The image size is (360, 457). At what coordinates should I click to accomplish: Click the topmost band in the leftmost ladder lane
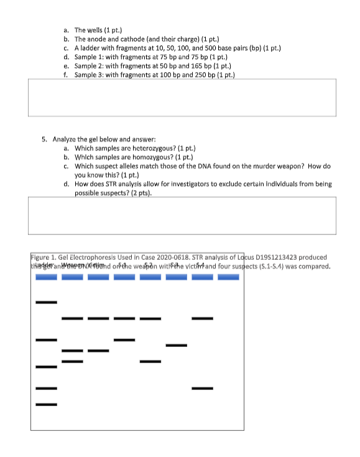point(46,302)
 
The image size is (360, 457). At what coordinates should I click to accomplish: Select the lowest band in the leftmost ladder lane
point(46,405)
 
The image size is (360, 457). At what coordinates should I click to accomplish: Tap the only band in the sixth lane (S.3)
point(176,345)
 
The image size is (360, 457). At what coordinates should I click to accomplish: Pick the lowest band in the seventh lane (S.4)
point(202,389)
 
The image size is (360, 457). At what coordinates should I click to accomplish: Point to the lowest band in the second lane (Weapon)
point(72,361)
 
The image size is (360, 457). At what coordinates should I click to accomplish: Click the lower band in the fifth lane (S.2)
point(150,361)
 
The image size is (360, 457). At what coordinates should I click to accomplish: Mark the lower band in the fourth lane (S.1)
point(124,339)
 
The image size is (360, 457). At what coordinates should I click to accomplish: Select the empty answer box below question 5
point(182,215)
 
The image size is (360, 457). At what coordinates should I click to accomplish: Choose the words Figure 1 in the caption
point(44,257)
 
